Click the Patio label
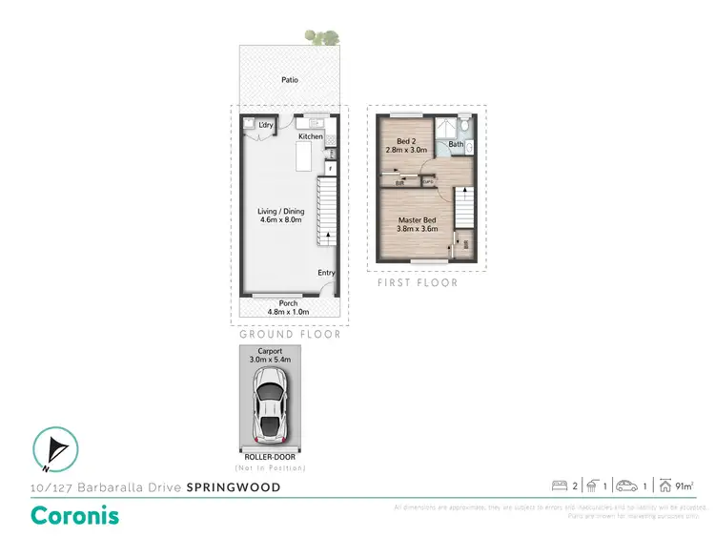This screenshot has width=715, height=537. click(290, 80)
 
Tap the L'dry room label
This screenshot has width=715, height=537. click(266, 125)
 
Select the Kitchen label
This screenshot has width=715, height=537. click(311, 137)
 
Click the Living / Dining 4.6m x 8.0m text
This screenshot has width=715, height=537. click(280, 216)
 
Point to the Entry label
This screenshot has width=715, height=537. click(327, 273)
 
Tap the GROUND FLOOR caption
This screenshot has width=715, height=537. click(290, 335)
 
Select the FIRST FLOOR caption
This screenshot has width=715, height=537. click(417, 283)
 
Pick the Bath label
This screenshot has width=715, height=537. click(456, 145)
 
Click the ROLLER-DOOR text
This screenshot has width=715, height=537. click(270, 459)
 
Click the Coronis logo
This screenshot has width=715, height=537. click(75, 514)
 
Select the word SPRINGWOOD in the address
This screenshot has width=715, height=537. click(234, 487)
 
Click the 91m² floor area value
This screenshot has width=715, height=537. click(684, 486)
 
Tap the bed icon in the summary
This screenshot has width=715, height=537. click(559, 486)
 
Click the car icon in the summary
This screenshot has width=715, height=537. click(625, 486)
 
